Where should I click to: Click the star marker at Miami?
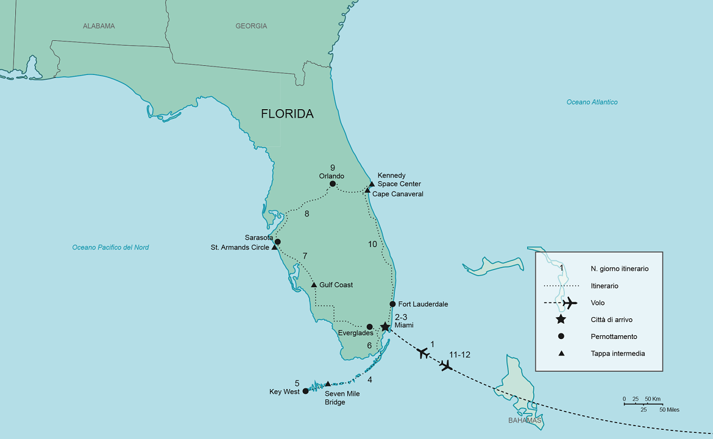pos(385,327)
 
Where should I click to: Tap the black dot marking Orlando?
pos(333,184)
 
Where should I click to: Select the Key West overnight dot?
pos(305,391)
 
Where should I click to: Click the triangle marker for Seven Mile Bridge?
pos(328,384)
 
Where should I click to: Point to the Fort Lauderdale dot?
pos(392,304)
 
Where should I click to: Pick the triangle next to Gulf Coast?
pos(314,285)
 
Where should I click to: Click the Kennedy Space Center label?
pos(399,180)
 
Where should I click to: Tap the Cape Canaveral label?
pos(397,194)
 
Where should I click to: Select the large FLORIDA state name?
pos(287,114)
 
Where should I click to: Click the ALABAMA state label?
pos(99,26)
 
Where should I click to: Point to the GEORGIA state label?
pos(251,26)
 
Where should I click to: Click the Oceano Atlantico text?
pos(592,102)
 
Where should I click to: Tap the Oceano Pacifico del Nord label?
pos(110,248)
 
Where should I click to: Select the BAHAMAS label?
pos(525,421)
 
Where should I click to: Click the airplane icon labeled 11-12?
pos(446,365)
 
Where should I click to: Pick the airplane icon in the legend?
pos(569,303)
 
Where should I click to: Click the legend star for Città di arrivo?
pos(561,319)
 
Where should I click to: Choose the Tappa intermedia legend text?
pos(617,354)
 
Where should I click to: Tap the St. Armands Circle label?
pos(239,248)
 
